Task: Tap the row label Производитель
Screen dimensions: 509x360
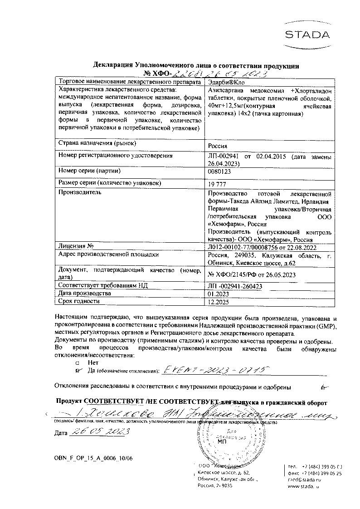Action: [80, 192]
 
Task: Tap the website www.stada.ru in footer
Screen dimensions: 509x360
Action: [303, 485]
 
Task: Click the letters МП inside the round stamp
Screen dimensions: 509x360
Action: [222, 440]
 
